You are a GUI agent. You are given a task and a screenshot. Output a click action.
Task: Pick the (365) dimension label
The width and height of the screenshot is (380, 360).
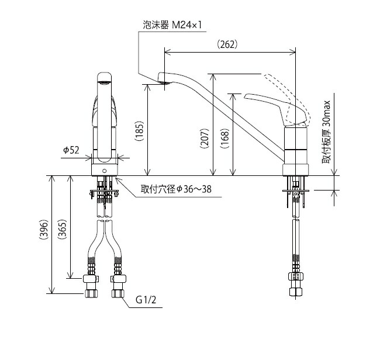pyautogui.click(x=63, y=233)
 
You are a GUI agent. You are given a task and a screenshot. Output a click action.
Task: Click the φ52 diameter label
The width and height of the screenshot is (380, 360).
pyautogui.click(x=71, y=150)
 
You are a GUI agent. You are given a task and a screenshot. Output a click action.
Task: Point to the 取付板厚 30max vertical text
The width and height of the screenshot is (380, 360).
pyautogui.click(x=327, y=132)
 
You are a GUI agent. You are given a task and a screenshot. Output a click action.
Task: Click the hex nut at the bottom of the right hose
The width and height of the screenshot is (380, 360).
pyautogui.click(x=295, y=291)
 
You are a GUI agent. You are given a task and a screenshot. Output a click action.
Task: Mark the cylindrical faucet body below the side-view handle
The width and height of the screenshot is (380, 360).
pyautogui.click(x=295, y=146)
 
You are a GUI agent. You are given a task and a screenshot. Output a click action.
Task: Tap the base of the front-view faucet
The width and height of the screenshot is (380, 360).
pyautogui.click(x=105, y=170)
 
